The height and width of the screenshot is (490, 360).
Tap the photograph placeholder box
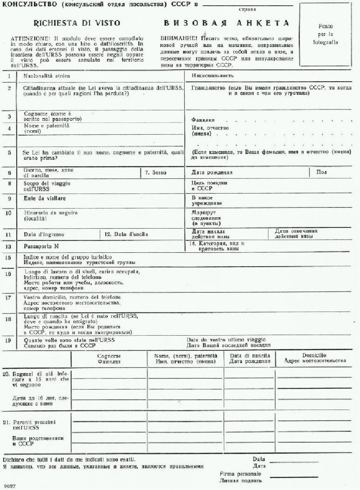[x=325, y=34]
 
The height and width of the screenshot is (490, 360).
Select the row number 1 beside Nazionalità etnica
[x=9, y=76]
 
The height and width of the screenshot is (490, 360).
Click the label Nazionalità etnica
[x=47, y=76]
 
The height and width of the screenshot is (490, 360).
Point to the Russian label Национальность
[x=212, y=76]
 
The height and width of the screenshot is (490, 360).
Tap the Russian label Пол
[x=322, y=172]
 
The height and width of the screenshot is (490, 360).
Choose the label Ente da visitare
[x=45, y=198]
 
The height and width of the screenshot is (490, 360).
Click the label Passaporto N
[x=41, y=247]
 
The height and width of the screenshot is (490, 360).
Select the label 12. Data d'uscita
[x=126, y=234]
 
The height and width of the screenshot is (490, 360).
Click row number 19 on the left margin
[x=9, y=340]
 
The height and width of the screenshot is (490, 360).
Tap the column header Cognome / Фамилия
[x=109, y=359]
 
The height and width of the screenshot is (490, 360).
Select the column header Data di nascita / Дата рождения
[x=250, y=359]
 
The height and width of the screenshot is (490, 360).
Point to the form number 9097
[x=9, y=486]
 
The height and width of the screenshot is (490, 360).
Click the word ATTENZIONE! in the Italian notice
[x=28, y=38]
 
